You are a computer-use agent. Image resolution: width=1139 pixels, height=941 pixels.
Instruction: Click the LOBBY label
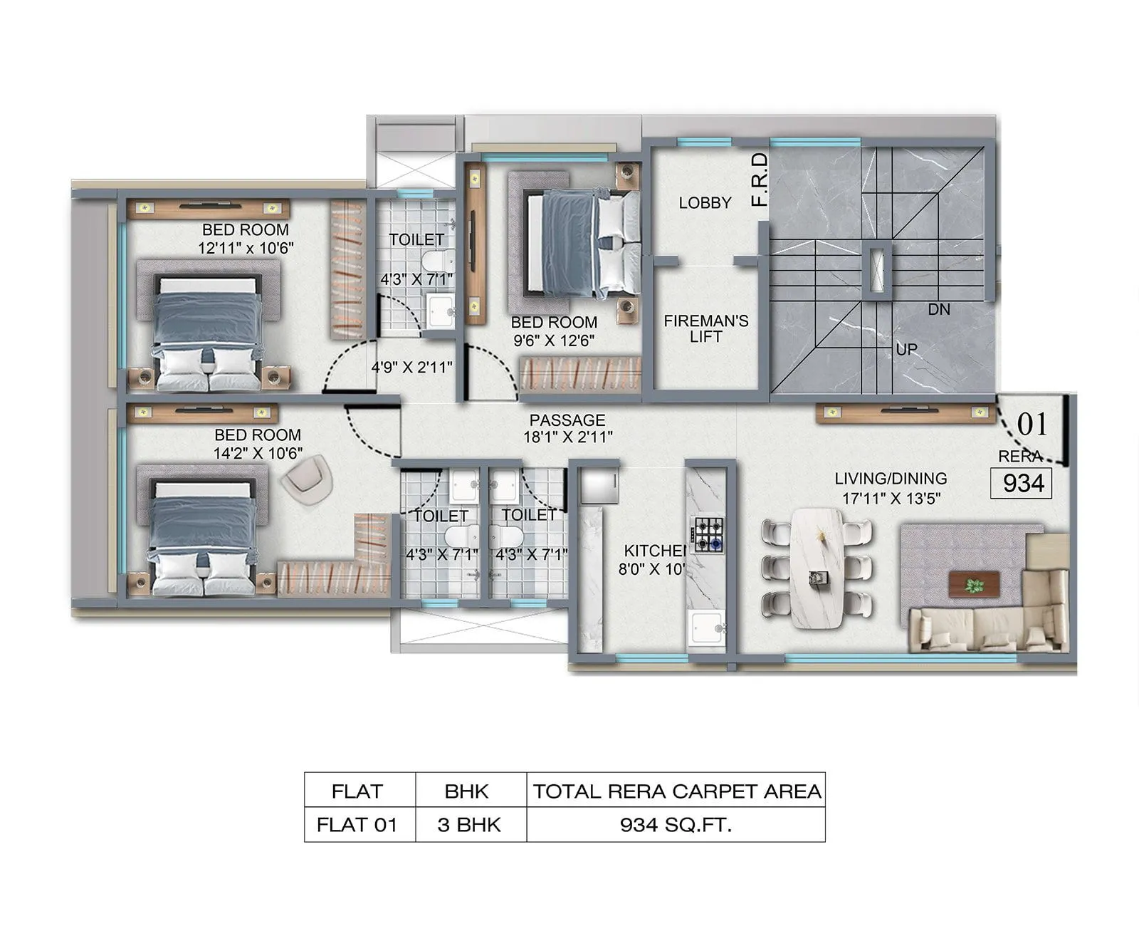pyautogui.click(x=705, y=203)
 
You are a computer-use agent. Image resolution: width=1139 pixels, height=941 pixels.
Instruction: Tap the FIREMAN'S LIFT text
pyautogui.click(x=705, y=328)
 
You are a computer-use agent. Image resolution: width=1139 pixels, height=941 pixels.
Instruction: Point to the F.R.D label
pyautogui.click(x=760, y=180)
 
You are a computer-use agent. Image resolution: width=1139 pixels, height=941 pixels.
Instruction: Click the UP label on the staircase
pyautogui.click(x=906, y=350)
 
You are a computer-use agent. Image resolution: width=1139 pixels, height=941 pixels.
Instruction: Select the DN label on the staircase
pyautogui.click(x=939, y=309)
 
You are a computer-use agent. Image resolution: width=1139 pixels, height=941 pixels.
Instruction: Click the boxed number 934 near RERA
pyautogui.click(x=1022, y=483)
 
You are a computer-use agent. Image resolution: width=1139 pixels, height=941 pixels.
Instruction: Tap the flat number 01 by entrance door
pyautogui.click(x=1032, y=425)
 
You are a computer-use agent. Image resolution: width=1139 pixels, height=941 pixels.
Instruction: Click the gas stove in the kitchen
pyautogui.click(x=708, y=535)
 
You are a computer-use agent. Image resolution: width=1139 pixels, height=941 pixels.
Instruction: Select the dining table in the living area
pyautogui.click(x=817, y=567)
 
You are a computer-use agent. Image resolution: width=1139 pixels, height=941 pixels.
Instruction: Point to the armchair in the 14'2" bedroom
pyautogui.click(x=307, y=479)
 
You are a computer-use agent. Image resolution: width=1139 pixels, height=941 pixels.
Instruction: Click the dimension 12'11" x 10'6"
pyautogui.click(x=246, y=248)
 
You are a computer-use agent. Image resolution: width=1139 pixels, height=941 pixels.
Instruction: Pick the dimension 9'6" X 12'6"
pyautogui.click(x=554, y=340)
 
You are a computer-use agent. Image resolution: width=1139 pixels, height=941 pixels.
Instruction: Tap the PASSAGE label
pyautogui.click(x=567, y=420)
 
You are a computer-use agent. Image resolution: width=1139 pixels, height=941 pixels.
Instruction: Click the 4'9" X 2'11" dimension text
pyautogui.click(x=411, y=368)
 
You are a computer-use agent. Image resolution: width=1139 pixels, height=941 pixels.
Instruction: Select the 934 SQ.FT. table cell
pyautogui.click(x=676, y=825)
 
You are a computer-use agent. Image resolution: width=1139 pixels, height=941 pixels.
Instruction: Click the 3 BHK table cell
pyautogui.click(x=469, y=825)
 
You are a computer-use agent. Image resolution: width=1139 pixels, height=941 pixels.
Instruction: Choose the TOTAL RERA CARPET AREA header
pyautogui.click(x=677, y=791)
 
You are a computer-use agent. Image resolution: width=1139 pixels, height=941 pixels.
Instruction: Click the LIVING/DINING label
pyautogui.click(x=891, y=479)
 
